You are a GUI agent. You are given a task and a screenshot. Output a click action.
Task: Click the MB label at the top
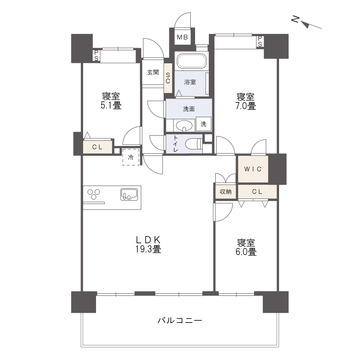coord(182,38)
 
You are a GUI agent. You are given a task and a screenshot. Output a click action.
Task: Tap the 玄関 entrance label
coord(153,72)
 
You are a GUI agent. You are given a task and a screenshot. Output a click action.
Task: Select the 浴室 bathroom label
coord(188,82)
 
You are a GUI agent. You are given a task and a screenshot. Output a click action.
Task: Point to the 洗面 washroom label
coord(188,107)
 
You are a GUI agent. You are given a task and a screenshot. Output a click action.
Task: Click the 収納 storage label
coord(224,191)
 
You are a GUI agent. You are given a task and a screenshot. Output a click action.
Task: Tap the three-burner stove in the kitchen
coord(96,193)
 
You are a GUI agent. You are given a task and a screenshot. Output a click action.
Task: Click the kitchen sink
coord(129,193)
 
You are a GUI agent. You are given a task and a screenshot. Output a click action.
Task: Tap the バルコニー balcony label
coord(180,321)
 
